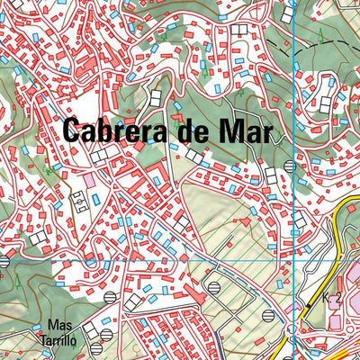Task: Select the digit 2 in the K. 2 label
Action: coord(337,299)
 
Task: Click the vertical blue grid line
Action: coord(295,90)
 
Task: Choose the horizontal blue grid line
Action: coord(135,261)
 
